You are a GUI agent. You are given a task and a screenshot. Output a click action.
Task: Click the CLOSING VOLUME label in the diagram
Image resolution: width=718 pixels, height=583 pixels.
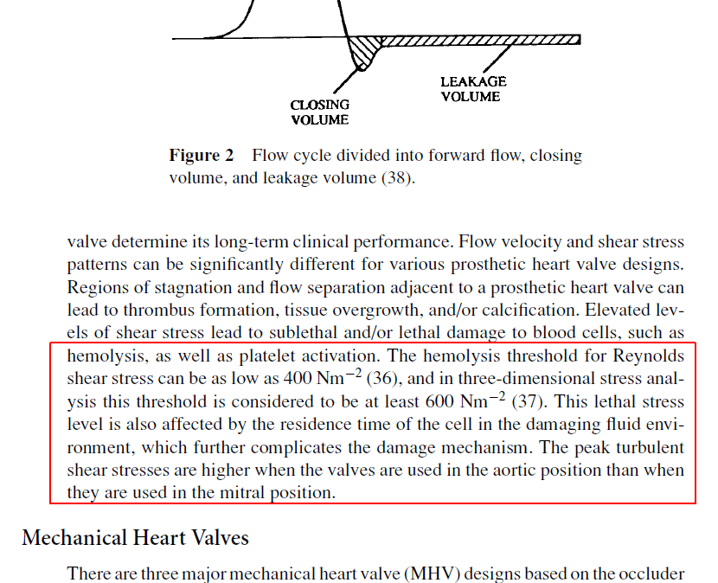click(x=320, y=112)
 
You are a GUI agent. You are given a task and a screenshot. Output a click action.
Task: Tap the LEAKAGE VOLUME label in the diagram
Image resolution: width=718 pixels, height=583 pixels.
click(x=472, y=89)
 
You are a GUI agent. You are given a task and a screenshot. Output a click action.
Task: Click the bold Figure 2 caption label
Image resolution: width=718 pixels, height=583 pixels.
click(x=201, y=157)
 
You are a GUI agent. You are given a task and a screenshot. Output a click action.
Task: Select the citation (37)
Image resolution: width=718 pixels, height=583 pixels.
click(x=527, y=402)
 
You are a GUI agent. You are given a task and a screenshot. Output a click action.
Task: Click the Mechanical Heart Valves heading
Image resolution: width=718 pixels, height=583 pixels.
click(x=136, y=538)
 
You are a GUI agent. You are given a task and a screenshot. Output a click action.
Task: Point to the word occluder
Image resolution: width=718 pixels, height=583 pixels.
click(x=653, y=574)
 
